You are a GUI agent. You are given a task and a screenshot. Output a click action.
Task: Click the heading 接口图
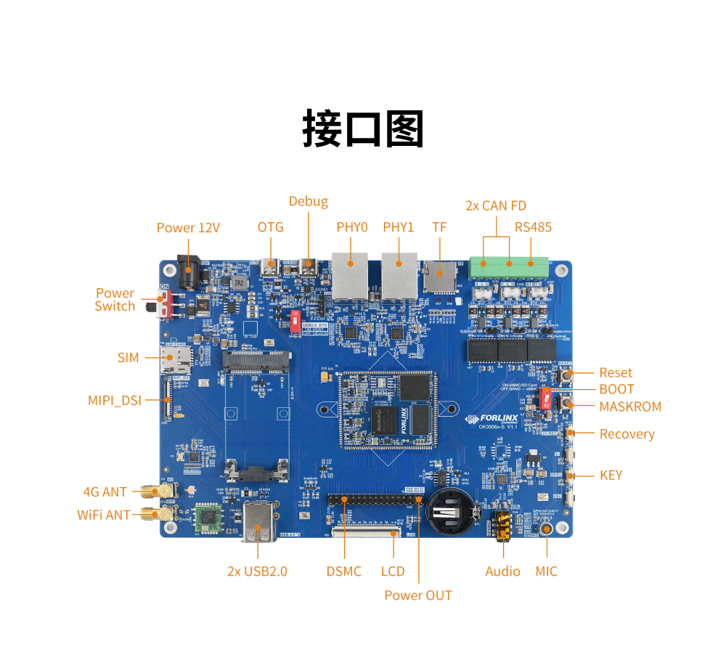point(363,129)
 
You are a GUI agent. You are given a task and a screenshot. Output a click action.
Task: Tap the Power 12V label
point(188,228)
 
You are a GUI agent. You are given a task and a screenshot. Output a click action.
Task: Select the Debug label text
point(308,201)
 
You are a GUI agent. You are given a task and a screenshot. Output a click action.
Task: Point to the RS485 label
point(533,227)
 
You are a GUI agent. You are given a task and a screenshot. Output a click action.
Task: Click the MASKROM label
point(630,407)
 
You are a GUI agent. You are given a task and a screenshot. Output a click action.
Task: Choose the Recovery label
point(627,434)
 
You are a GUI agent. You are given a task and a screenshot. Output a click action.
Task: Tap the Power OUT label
point(417,595)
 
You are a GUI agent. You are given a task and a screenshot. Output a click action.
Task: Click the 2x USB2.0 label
point(257,571)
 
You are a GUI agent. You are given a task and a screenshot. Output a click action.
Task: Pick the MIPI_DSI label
point(114,400)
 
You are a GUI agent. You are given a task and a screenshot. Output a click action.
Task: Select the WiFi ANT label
point(104,515)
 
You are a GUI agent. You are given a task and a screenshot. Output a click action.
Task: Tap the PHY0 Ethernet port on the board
point(350,276)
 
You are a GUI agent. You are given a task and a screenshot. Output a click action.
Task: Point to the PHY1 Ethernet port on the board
point(399,276)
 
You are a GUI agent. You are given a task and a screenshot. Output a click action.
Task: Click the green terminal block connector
point(508,268)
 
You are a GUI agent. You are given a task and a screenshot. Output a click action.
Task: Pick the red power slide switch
point(166,306)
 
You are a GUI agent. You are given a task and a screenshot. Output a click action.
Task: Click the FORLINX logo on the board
point(496,419)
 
